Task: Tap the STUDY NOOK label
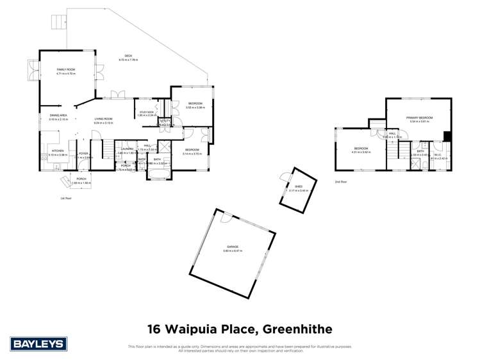(147, 113)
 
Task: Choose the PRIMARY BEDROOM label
(419, 118)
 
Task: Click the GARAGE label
(231, 247)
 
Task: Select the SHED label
(299, 186)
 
